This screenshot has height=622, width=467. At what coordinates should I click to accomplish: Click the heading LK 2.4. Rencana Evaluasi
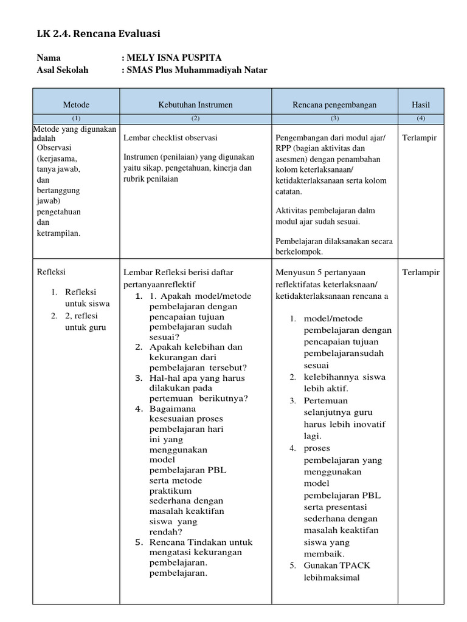pos(99,33)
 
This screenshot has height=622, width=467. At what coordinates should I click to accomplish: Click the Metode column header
pos(75,104)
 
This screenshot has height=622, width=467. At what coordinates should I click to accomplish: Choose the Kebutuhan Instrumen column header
pos(195,104)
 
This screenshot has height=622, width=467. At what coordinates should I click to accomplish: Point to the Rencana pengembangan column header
pos(334,104)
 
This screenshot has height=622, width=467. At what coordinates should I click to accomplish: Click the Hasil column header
pos(421,104)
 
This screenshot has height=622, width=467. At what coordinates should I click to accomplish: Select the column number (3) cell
pos(334,118)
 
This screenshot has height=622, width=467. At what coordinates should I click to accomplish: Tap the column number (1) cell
pos(75,118)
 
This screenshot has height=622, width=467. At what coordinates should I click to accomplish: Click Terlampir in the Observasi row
pos(420,138)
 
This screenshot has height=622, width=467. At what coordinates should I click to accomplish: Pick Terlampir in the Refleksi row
pos(421,272)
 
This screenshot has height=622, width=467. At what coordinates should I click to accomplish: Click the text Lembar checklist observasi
pos(170,138)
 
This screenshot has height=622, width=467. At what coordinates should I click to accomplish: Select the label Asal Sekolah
pos(63,70)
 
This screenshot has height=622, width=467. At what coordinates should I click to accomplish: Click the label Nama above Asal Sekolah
pos(49,58)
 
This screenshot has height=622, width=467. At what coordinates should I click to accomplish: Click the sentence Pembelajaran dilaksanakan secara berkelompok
pos(333,246)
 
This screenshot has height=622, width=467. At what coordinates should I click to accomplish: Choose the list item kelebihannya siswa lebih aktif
pos(344,383)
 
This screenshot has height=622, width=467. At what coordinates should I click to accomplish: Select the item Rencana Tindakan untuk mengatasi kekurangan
pos(201,547)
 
